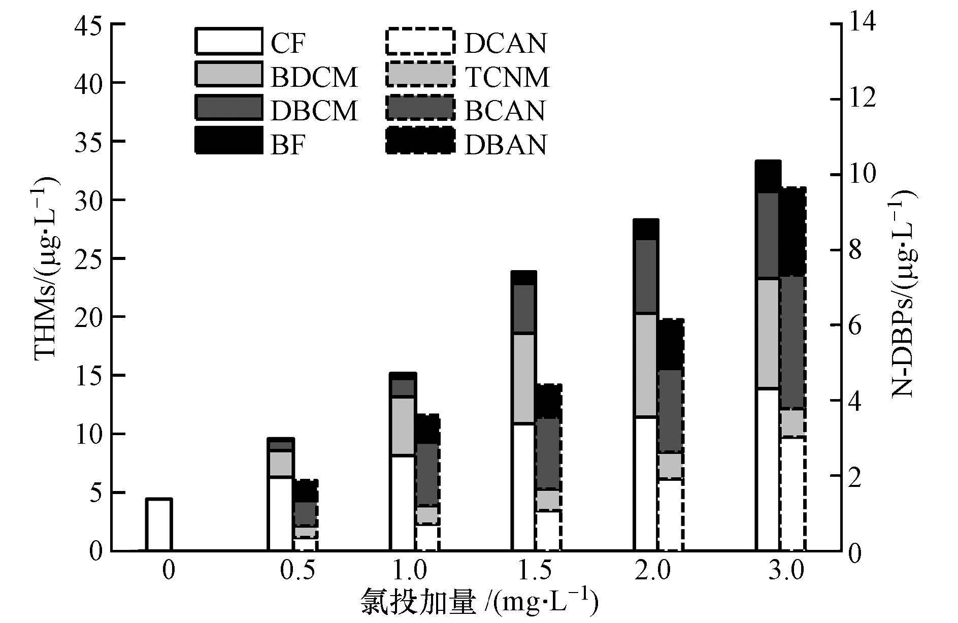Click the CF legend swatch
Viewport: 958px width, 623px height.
[x=228, y=41]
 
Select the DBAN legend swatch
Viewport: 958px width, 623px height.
[x=419, y=140]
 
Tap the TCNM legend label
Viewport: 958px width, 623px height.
[x=507, y=77]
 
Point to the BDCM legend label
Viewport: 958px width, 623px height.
[x=314, y=77]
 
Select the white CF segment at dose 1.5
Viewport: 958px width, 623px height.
[x=523, y=487]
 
